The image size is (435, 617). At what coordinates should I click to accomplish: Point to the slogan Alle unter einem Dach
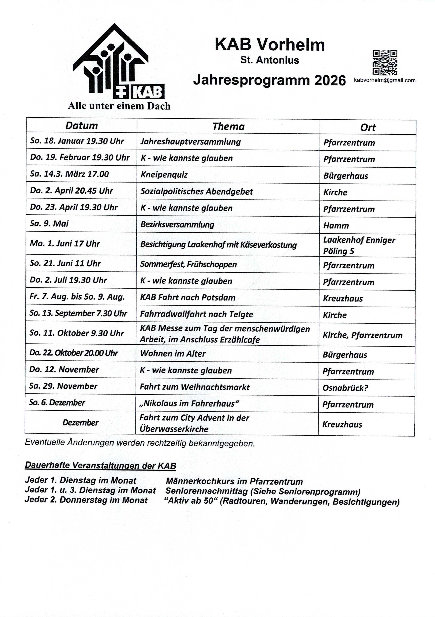click(119, 106)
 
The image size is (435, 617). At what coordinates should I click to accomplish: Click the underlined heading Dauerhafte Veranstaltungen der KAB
click(100, 466)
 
